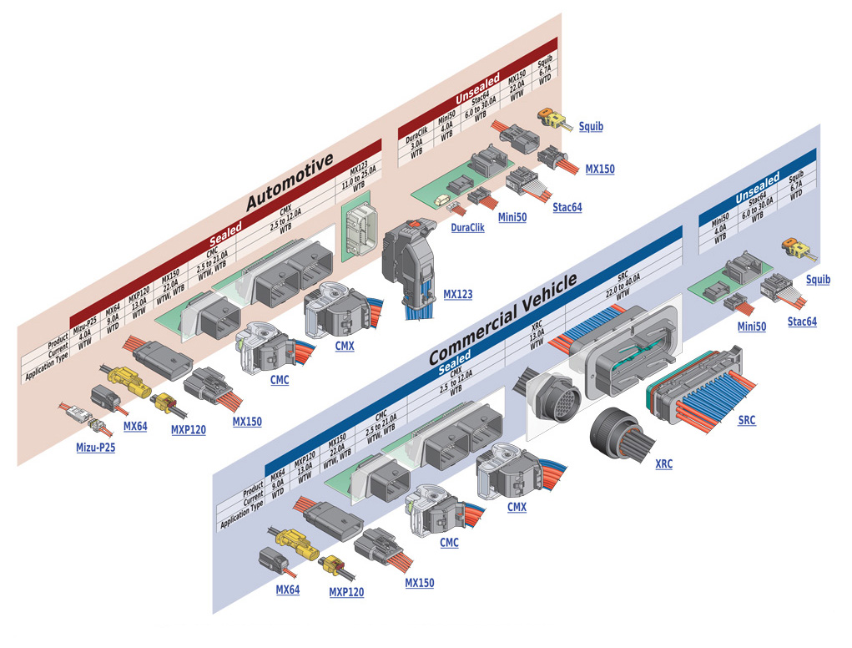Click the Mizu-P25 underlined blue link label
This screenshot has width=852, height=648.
coord(95,447)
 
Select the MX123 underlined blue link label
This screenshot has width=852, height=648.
coord(457,294)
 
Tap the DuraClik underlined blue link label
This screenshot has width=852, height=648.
coord(467,227)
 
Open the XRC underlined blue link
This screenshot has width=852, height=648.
coord(663,463)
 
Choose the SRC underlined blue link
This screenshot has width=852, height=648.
coord(746,421)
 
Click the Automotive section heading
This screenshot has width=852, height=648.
coord(290,180)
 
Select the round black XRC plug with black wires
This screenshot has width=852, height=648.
coord(618,435)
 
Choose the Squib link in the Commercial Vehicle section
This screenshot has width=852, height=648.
coord(818,280)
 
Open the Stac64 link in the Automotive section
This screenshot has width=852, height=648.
coord(567,208)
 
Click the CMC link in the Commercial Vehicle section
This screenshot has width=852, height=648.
coord(449,543)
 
